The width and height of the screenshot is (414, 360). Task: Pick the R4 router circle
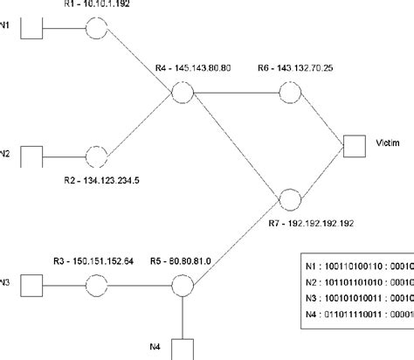(182, 93)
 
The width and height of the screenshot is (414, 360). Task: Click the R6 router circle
(290, 93)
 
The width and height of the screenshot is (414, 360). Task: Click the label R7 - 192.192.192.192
(310, 223)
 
